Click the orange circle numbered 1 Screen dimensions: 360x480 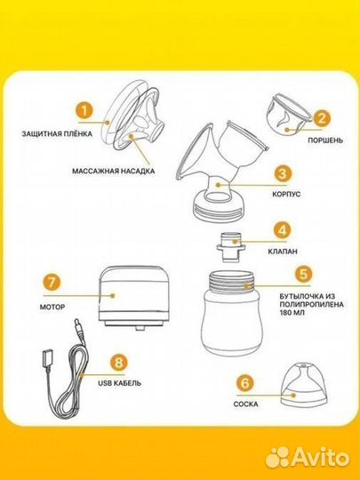tap(84, 110)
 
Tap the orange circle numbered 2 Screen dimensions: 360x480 tap(321, 118)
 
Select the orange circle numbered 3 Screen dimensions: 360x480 tap(283, 174)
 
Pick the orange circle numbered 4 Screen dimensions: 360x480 tap(283, 230)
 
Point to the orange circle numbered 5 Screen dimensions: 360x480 tap(303, 275)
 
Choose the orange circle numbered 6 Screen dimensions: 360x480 tap(245, 382)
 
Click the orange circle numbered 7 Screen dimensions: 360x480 tap(52, 283)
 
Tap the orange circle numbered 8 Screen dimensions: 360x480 tap(118, 363)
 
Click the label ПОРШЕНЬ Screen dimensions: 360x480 tap(325, 140)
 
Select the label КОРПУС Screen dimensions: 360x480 tap(286, 194)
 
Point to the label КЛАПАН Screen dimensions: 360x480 tap(283, 252)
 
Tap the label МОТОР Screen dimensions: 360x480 tap(52, 307)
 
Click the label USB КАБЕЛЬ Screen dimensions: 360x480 tap(120, 383)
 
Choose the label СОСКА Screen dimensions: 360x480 tap(245, 404)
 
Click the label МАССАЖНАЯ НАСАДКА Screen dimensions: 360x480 tap(113, 171)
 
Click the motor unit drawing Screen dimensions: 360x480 tap(133, 298)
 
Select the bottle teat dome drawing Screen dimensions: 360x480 tap(303, 386)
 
